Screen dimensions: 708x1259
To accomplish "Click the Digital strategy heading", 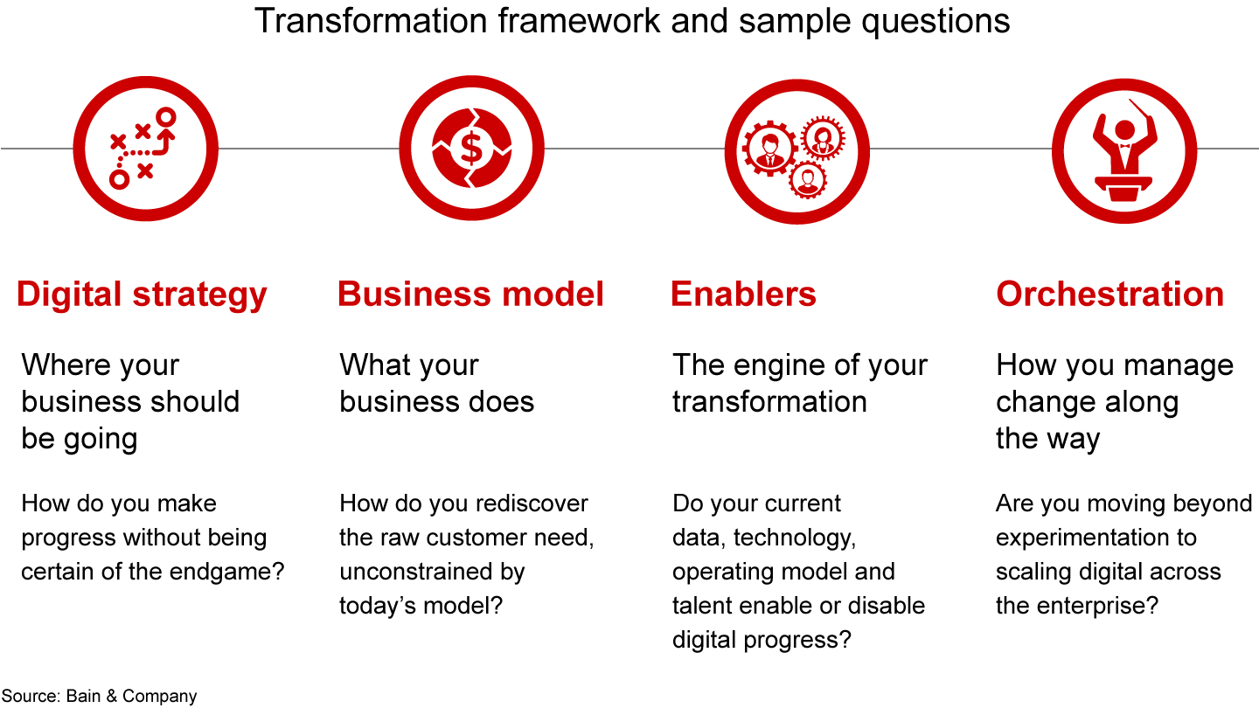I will point(142,295).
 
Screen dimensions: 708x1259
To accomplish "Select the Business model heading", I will point(470,295).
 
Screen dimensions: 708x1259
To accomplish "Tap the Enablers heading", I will point(743,295).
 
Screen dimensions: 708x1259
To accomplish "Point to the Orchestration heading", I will point(1109,295).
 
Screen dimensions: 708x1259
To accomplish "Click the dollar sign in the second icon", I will point(471,148).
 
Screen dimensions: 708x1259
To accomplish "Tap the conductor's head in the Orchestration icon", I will point(1124,129).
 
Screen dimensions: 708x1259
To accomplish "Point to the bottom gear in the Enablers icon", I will point(807,180).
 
